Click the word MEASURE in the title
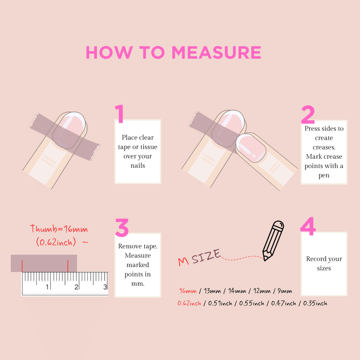[x=216, y=53]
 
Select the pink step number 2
[x=307, y=115]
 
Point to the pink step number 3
[x=122, y=228]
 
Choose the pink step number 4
[x=308, y=226]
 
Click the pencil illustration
[x=273, y=240]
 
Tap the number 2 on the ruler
[x=76, y=287]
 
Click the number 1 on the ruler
[x=47, y=287]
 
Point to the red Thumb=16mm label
[x=59, y=229]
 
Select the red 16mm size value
[x=188, y=291]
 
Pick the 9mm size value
[x=285, y=291]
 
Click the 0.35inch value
[x=315, y=303]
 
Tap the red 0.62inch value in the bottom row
[x=190, y=303]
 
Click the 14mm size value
[x=237, y=291]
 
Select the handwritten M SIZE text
[x=199, y=257]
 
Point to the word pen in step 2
[x=324, y=175]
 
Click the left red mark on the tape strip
[x=22, y=266]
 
